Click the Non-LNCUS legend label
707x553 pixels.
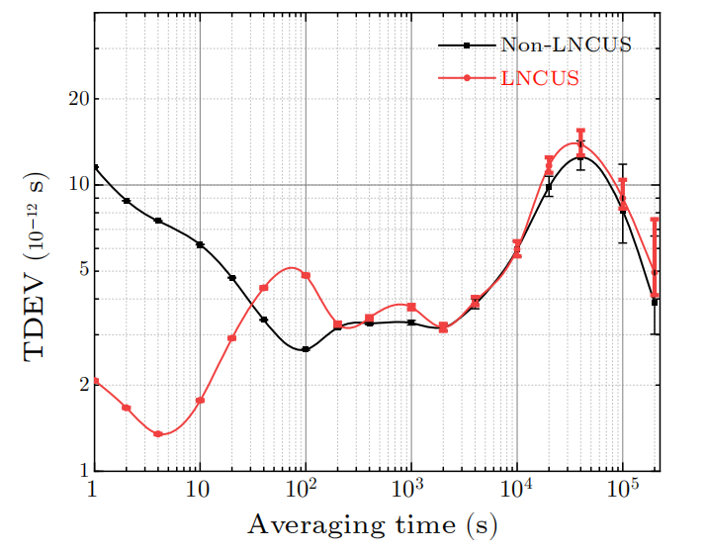click(x=566, y=45)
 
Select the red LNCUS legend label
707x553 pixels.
click(x=540, y=77)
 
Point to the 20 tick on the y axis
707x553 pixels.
click(x=76, y=99)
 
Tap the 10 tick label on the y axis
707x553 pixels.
click(x=76, y=185)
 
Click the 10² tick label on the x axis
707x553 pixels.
click(x=304, y=489)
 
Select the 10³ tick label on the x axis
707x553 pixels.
click(x=409, y=489)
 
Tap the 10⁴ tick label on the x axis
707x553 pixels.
click(x=515, y=489)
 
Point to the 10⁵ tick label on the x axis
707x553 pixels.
click(x=621, y=489)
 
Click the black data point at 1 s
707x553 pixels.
click(x=95, y=167)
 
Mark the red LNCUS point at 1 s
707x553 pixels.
click(x=95, y=381)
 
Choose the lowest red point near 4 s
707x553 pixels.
click(x=158, y=434)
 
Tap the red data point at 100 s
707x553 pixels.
click(x=306, y=275)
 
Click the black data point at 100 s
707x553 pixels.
click(x=306, y=349)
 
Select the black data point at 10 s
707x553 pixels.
click(x=200, y=244)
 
